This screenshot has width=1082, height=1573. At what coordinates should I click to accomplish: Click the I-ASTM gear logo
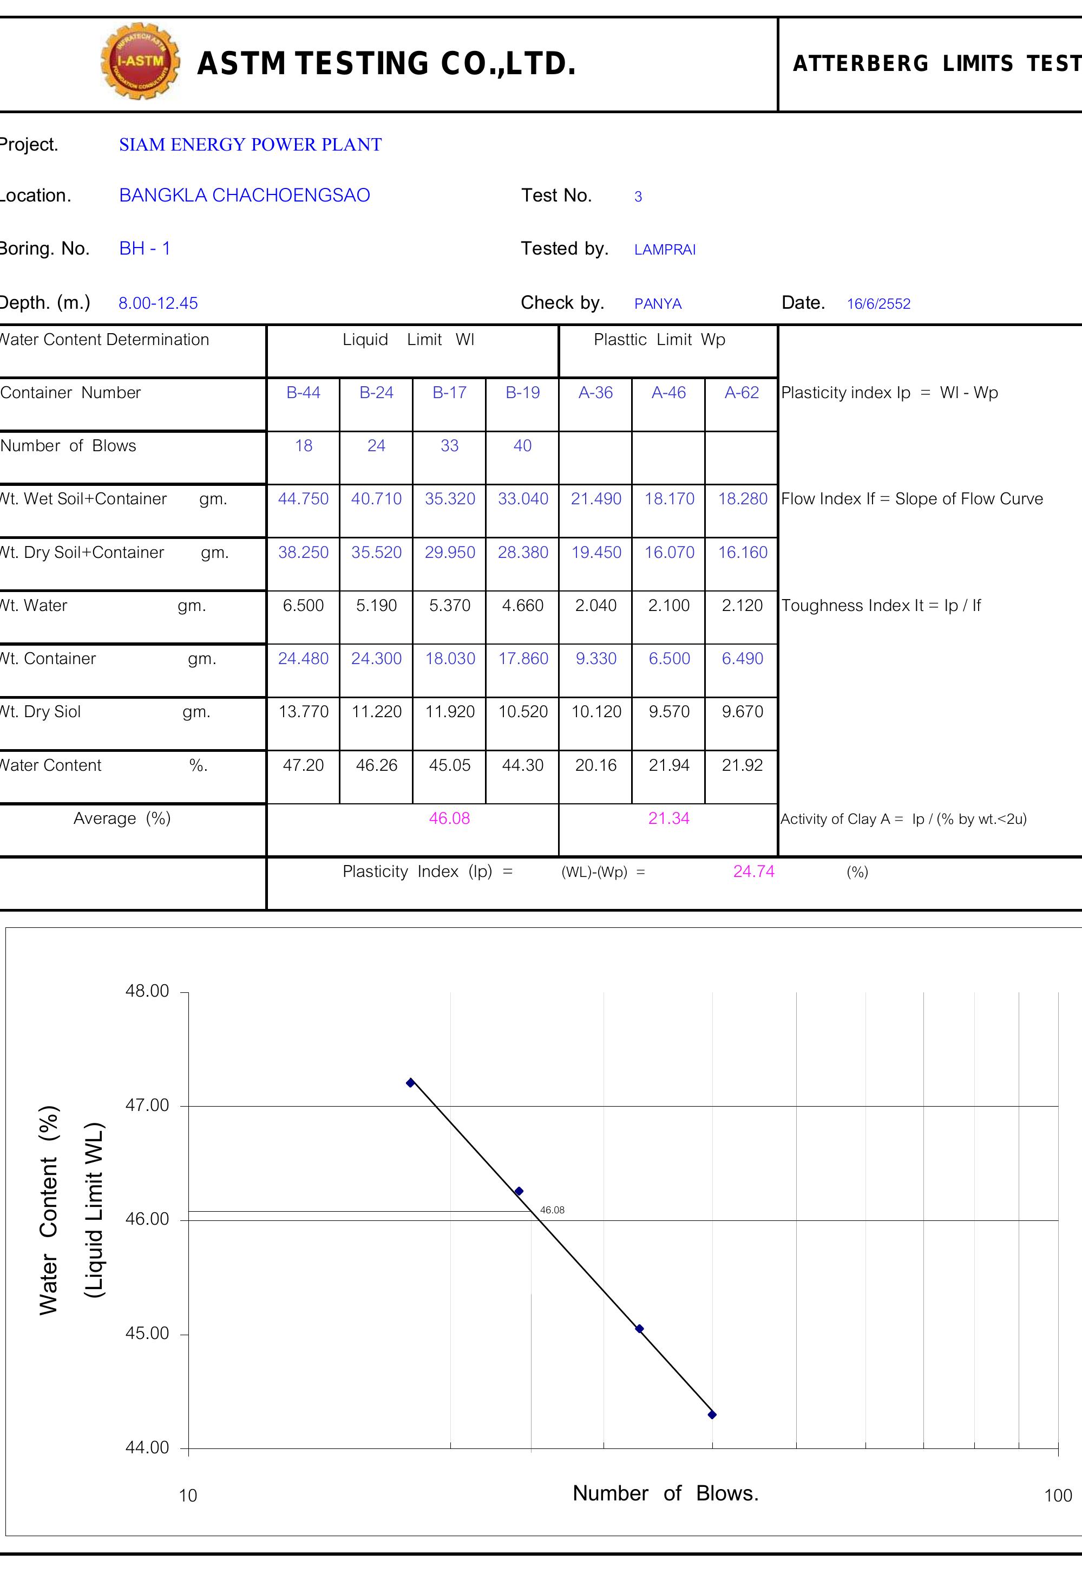[140, 61]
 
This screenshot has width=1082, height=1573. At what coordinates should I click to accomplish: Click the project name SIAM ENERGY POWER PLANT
[250, 145]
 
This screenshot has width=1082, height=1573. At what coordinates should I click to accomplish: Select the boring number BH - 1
[145, 248]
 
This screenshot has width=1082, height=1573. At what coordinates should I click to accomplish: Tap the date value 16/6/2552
[878, 304]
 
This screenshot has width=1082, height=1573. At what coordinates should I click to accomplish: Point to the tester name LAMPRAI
[664, 250]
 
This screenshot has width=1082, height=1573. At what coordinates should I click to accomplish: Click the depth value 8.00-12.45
[158, 303]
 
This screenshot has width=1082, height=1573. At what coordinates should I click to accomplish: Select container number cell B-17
[449, 393]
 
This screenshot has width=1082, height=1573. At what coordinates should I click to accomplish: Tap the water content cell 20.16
[595, 765]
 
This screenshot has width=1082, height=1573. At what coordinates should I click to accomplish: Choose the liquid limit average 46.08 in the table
[449, 818]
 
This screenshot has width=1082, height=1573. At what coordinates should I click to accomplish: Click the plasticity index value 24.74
[753, 872]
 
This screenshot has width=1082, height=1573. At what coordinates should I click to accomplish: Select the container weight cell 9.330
[595, 659]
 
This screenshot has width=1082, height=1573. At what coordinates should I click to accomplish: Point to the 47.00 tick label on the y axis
[147, 1105]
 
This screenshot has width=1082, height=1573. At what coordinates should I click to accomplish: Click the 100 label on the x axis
[1058, 1496]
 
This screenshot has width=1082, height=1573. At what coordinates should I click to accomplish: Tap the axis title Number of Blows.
[665, 1493]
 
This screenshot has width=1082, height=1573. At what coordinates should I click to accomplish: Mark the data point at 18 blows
[410, 1083]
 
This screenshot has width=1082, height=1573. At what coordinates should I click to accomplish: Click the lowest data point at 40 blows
[712, 1415]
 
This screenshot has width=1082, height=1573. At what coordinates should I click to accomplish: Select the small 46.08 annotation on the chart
[552, 1210]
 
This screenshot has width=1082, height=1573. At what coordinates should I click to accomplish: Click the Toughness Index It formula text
[881, 606]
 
